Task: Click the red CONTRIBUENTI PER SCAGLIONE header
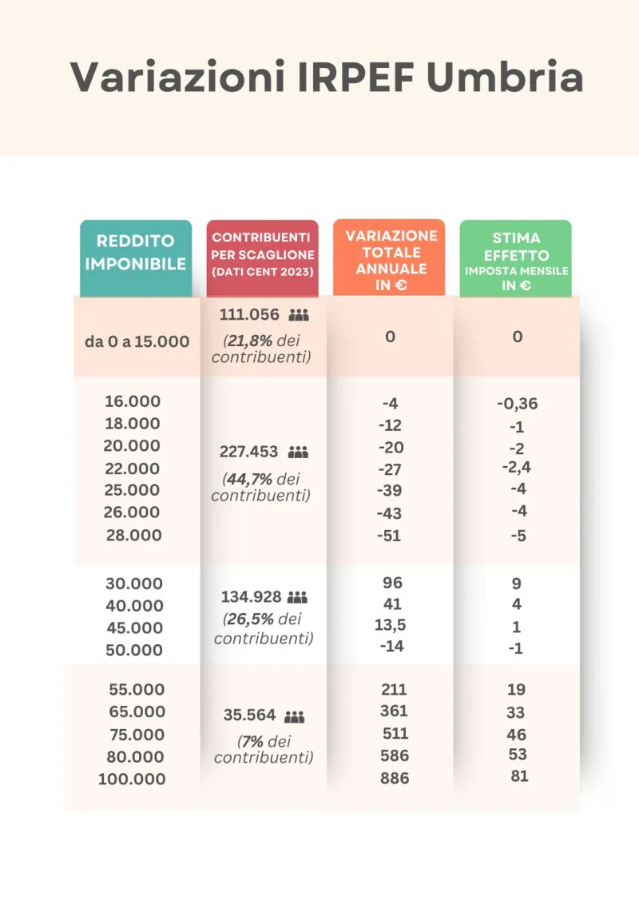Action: (262, 254)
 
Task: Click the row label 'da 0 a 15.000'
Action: (137, 341)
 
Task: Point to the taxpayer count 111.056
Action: (249, 314)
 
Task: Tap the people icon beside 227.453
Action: (298, 452)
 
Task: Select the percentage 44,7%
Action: (249, 480)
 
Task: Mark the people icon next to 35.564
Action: (295, 716)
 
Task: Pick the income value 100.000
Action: (132, 779)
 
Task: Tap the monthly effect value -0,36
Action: (518, 404)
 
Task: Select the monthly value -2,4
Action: (516, 467)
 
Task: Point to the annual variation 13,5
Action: (391, 625)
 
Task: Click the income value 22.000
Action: (133, 468)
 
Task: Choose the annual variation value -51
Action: (389, 536)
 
